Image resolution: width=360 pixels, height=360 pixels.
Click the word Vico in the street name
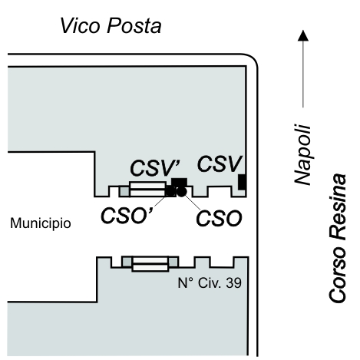[80, 25]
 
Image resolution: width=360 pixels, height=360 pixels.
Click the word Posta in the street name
[134, 25]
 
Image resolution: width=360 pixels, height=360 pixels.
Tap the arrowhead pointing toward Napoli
[303, 35]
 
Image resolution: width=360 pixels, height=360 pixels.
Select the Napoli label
[302, 154]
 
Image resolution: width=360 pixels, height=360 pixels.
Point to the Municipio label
[41, 223]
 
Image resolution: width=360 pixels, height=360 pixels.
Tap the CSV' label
[155, 168]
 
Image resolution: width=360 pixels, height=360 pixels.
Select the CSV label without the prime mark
[220, 164]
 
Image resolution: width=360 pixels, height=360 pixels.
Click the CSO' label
[127, 215]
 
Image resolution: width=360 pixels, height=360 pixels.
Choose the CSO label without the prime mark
[219, 218]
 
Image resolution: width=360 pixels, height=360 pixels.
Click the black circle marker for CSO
[182, 192]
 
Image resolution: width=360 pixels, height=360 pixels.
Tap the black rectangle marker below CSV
[242, 182]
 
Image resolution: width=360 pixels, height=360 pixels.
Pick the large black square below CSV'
[179, 183]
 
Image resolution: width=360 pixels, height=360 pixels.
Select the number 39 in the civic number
[233, 283]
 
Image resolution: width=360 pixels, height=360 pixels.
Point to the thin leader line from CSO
[193, 203]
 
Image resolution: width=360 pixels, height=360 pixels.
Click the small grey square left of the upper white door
[124, 191]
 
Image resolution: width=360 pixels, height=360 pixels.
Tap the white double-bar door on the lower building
[150, 264]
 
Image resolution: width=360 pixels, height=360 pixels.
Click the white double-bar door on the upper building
[147, 189]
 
